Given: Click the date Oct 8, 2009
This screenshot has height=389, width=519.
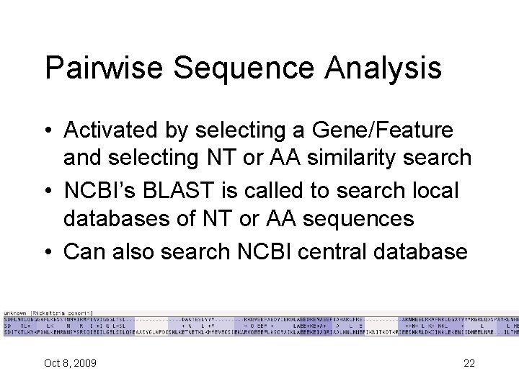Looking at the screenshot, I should click(70, 363).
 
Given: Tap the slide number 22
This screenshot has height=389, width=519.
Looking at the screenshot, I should click(469, 363).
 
